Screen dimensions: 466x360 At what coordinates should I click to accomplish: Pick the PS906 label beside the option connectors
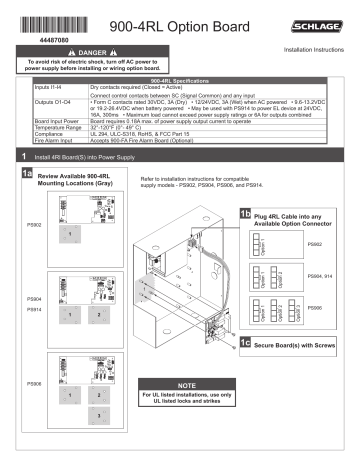click(315, 309)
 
